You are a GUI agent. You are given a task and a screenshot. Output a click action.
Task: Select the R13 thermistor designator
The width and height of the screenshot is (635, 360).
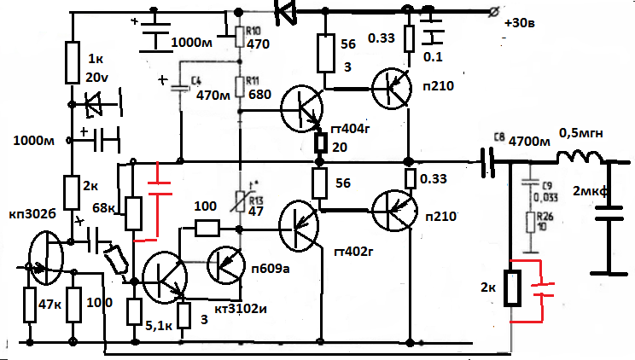coord(255,200)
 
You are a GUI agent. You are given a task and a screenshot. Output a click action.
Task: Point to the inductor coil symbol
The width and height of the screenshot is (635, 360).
coord(580,160)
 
